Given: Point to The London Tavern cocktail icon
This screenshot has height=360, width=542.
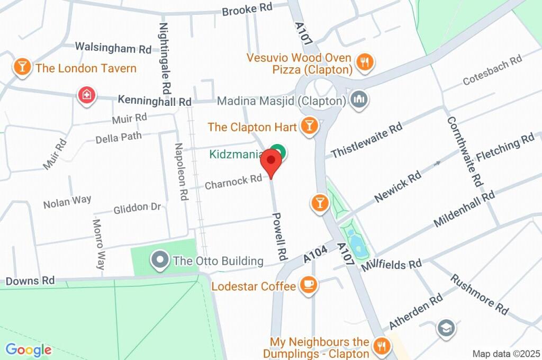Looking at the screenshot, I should pos(22,67).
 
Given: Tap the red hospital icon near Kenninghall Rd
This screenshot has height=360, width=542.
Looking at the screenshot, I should pos(85,96).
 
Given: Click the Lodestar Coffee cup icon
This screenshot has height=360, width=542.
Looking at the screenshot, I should pos(308,286).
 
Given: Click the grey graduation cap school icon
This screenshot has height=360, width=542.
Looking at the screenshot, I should pos(446,329).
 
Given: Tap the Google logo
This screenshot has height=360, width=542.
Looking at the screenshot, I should pos(29,350).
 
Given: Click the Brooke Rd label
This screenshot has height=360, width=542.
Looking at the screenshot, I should pos(247,10).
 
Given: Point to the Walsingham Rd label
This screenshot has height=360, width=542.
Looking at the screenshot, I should pos(113,47).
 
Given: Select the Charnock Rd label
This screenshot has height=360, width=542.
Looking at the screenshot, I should pos(233,182).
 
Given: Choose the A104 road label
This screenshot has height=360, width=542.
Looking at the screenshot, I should pos(315,253).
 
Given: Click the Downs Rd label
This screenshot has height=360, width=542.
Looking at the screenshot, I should pos(30,281).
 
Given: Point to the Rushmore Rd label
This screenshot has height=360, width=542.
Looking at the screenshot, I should pos(480,293).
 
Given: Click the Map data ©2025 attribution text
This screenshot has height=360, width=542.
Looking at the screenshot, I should pos(506,353).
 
